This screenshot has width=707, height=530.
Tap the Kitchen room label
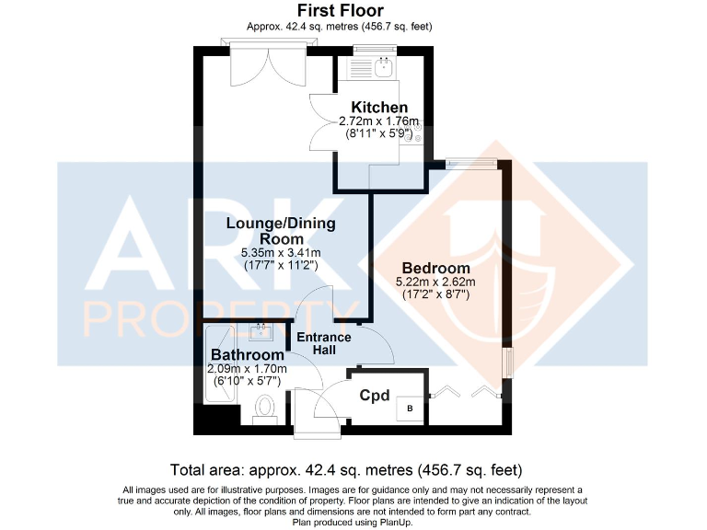click(x=380, y=108)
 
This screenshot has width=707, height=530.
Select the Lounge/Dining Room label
click(x=281, y=230)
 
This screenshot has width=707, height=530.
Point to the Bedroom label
click(x=435, y=268)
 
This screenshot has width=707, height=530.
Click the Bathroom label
click(x=247, y=355)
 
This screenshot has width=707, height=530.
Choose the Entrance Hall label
click(x=323, y=343)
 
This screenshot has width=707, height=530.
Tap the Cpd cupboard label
click(x=374, y=396)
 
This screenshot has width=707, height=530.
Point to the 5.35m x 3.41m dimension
click(x=281, y=253)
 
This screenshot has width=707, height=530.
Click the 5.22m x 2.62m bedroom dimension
click(x=435, y=282)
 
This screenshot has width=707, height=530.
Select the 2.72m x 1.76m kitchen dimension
click(x=380, y=121)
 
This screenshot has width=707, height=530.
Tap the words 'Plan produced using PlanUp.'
click(x=353, y=523)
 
